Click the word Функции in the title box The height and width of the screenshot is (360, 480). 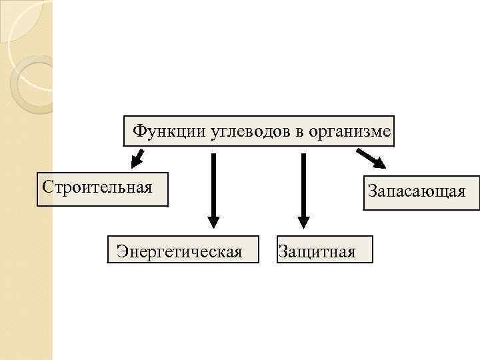(x=161, y=131)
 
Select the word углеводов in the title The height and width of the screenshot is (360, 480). (x=240, y=131)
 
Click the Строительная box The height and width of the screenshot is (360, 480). (x=102, y=190)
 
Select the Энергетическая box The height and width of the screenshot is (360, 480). (x=183, y=248)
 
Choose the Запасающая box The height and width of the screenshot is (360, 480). (x=421, y=193)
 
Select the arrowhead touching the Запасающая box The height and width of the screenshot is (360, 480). (x=377, y=163)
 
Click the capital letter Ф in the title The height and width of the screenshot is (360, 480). (x=138, y=131)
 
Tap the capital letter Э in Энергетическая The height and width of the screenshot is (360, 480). (x=122, y=252)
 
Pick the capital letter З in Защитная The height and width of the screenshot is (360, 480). (x=283, y=252)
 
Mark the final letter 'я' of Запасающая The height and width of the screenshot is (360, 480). (x=460, y=193)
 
